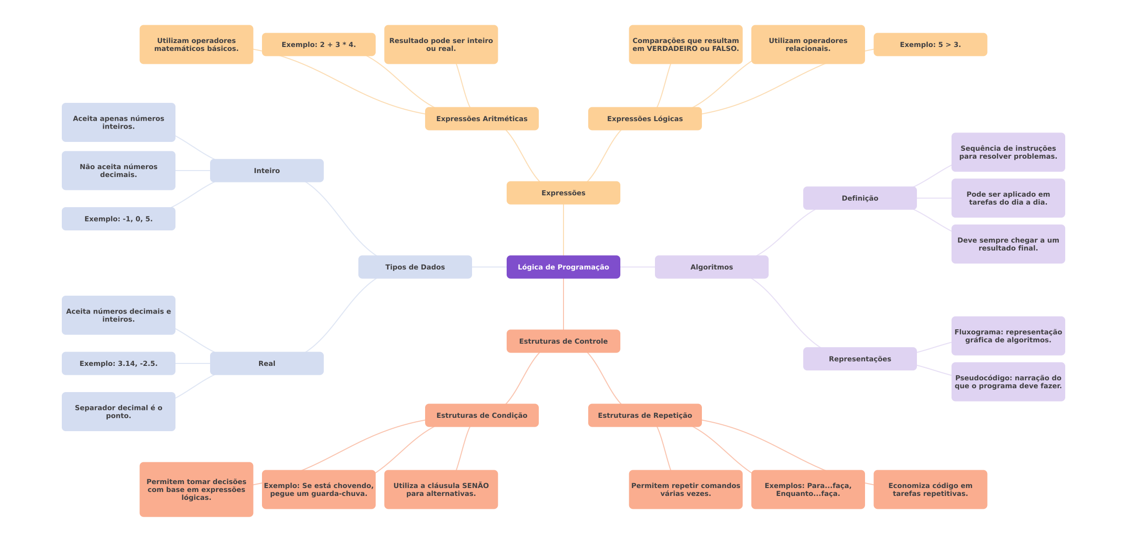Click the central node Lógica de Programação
point(563,267)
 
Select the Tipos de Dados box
point(415,267)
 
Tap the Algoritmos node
point(711,267)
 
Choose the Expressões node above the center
point(563,193)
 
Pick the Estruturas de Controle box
point(563,341)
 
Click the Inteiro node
point(266,171)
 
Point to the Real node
point(266,363)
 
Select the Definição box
point(860,198)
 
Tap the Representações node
point(860,359)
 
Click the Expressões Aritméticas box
point(481,119)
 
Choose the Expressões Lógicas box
point(645,119)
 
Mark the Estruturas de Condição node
point(481,415)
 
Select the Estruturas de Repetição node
point(645,415)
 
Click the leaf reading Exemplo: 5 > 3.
point(930,44)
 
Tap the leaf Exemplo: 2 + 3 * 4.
point(318,44)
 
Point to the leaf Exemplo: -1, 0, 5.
point(118,219)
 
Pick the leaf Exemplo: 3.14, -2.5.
point(118,363)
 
